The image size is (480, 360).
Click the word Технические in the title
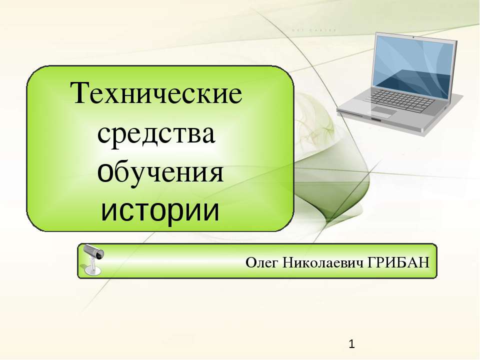point(156,92)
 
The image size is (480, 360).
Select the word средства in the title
point(156,134)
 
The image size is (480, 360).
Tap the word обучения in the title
point(160,172)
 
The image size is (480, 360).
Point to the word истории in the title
point(160,211)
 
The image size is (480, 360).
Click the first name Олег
point(261,263)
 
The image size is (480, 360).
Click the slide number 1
point(351,344)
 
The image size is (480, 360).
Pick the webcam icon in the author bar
point(93,259)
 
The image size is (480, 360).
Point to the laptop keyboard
point(399,100)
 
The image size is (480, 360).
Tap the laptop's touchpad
point(381,111)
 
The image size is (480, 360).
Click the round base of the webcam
point(92,270)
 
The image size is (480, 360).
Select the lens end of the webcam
point(99,254)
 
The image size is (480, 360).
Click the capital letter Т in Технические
point(80,92)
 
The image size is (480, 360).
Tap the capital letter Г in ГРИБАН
point(371,262)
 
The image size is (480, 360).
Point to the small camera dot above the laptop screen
point(414,37)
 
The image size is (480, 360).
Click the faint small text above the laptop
point(314,30)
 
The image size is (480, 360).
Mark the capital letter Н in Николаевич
point(288,262)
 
